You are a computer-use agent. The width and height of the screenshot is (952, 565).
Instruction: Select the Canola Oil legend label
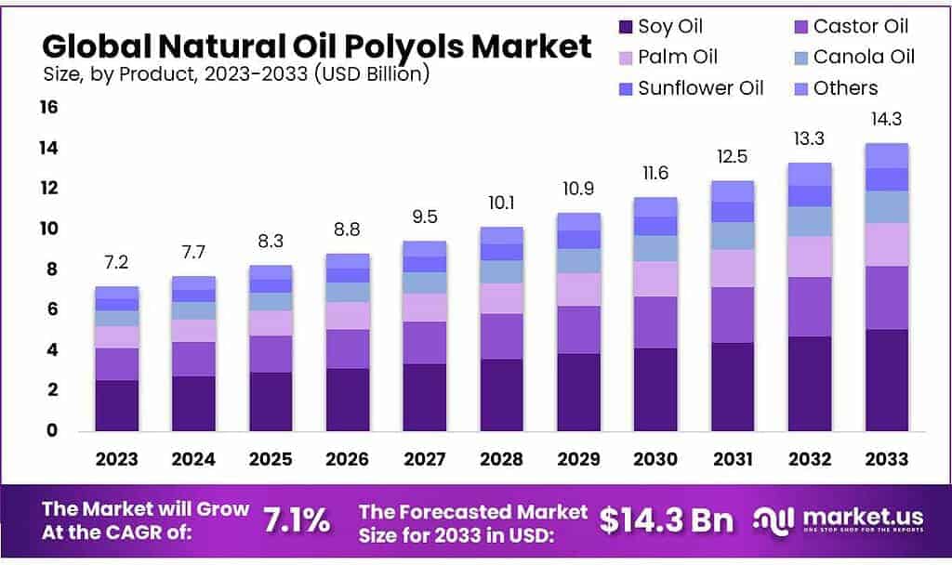(x=864, y=57)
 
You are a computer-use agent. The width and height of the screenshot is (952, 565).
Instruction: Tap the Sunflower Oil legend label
(x=700, y=88)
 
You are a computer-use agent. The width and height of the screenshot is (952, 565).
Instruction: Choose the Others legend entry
(x=845, y=88)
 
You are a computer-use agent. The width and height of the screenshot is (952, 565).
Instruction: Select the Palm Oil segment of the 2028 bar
(x=502, y=298)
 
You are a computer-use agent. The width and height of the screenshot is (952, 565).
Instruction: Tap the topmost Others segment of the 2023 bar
(x=117, y=292)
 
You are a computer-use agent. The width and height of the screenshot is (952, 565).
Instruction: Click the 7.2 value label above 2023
(x=117, y=262)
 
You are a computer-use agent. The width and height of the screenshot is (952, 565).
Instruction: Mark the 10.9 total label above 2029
(x=577, y=189)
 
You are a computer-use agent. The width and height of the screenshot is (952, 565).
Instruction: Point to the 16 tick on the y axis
(x=47, y=108)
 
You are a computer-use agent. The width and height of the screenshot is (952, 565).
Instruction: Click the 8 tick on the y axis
(x=52, y=269)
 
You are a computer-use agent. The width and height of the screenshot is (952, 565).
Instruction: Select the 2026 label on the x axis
(x=349, y=459)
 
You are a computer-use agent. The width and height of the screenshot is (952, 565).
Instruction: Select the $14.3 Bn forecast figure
(x=666, y=521)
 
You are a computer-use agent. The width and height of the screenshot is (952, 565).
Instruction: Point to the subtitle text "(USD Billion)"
(x=370, y=75)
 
